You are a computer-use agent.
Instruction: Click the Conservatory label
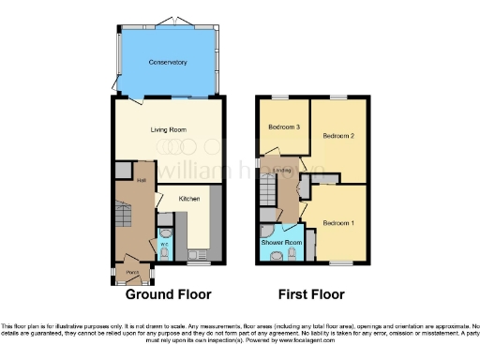(169, 63)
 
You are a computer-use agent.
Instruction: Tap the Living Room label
(169, 131)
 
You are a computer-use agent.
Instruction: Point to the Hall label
(142, 180)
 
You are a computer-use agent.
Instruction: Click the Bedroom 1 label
(338, 223)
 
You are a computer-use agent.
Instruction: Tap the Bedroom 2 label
(337, 136)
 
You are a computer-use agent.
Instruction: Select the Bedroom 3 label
(283, 127)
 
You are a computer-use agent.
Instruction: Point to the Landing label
(283, 170)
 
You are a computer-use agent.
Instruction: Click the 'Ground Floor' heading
(169, 292)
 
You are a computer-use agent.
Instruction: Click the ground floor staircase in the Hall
(125, 221)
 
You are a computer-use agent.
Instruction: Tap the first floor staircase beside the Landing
(269, 197)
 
